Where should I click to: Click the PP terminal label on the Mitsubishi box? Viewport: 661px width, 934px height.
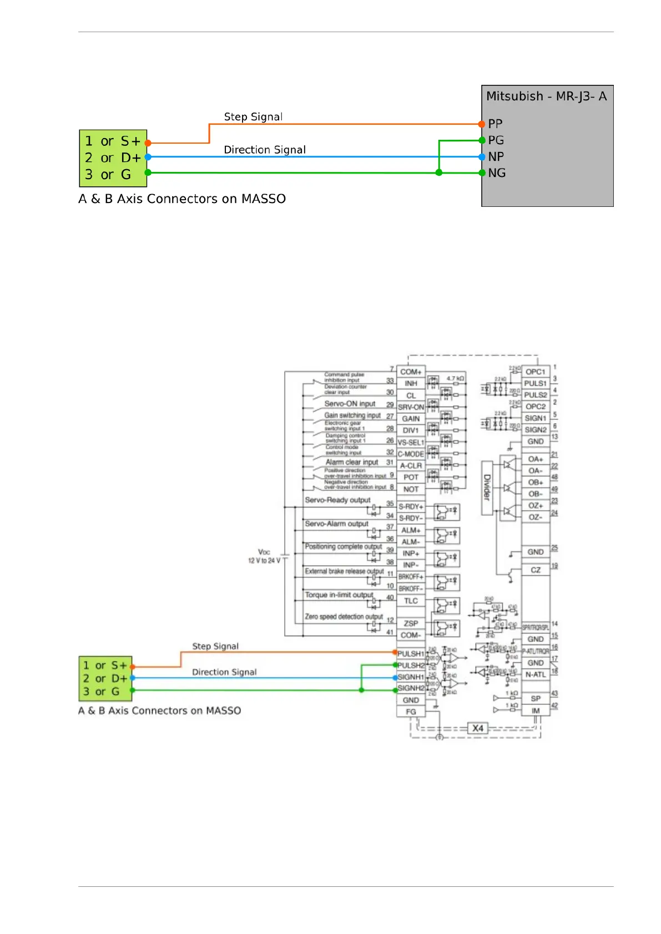495,124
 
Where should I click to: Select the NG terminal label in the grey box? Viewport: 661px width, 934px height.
497,173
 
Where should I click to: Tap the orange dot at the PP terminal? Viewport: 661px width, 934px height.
482,124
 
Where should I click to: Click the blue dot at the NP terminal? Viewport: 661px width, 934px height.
482,157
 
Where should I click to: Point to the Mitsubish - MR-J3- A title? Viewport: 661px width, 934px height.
546,97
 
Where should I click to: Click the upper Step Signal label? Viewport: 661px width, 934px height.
253,117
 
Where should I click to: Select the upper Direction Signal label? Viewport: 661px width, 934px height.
265,150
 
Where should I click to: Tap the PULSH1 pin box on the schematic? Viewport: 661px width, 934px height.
411,653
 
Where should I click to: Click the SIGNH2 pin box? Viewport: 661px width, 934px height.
411,688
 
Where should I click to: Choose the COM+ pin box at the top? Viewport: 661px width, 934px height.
411,372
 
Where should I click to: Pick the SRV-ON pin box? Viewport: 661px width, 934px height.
411,407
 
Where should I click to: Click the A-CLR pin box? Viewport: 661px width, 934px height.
411,466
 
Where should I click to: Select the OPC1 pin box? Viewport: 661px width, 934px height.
536,372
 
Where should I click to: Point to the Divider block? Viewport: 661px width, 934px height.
487,488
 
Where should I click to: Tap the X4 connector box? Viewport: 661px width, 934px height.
477,728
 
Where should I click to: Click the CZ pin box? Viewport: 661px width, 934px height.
536,570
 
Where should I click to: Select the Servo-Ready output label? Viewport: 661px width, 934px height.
337,500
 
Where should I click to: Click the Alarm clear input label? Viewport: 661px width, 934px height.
352,462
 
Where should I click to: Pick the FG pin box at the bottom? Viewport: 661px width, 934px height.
411,712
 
